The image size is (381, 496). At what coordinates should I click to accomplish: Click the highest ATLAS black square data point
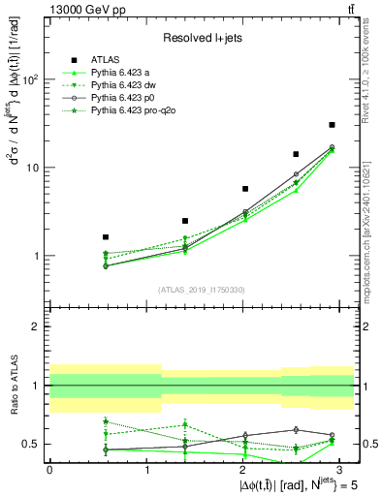(332, 125)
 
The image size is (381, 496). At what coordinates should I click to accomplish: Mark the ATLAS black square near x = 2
(245, 189)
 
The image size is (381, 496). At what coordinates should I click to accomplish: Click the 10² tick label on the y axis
(30, 79)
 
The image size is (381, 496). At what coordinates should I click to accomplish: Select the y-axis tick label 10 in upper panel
(32, 168)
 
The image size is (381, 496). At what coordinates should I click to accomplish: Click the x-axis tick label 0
(49, 469)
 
